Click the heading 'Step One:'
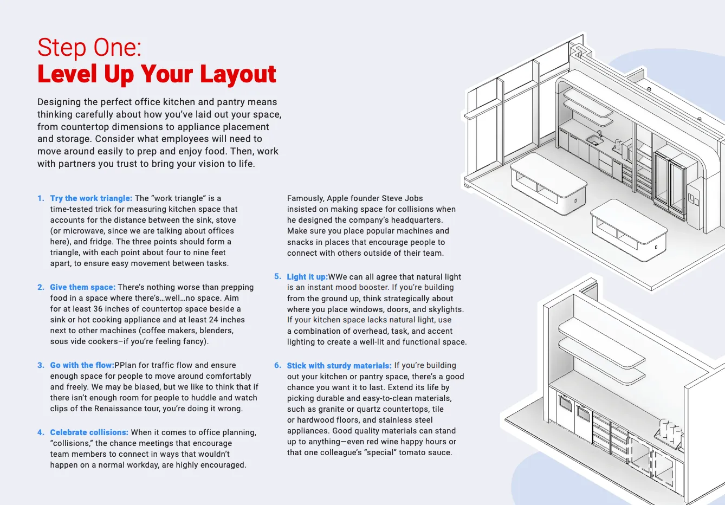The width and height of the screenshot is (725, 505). (x=89, y=48)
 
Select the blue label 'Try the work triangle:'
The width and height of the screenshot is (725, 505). (x=91, y=198)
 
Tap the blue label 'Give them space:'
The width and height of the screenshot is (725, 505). (x=82, y=287)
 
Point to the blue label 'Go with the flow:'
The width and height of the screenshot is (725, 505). (x=82, y=365)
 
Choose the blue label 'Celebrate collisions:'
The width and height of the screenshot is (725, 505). (x=89, y=432)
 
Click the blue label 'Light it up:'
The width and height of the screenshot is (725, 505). (x=307, y=277)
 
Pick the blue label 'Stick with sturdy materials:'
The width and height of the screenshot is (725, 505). (x=339, y=366)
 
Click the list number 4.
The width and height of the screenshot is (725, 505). (x=41, y=432)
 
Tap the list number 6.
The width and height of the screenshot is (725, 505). (x=277, y=366)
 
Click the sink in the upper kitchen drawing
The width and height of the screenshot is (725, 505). (x=594, y=141)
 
